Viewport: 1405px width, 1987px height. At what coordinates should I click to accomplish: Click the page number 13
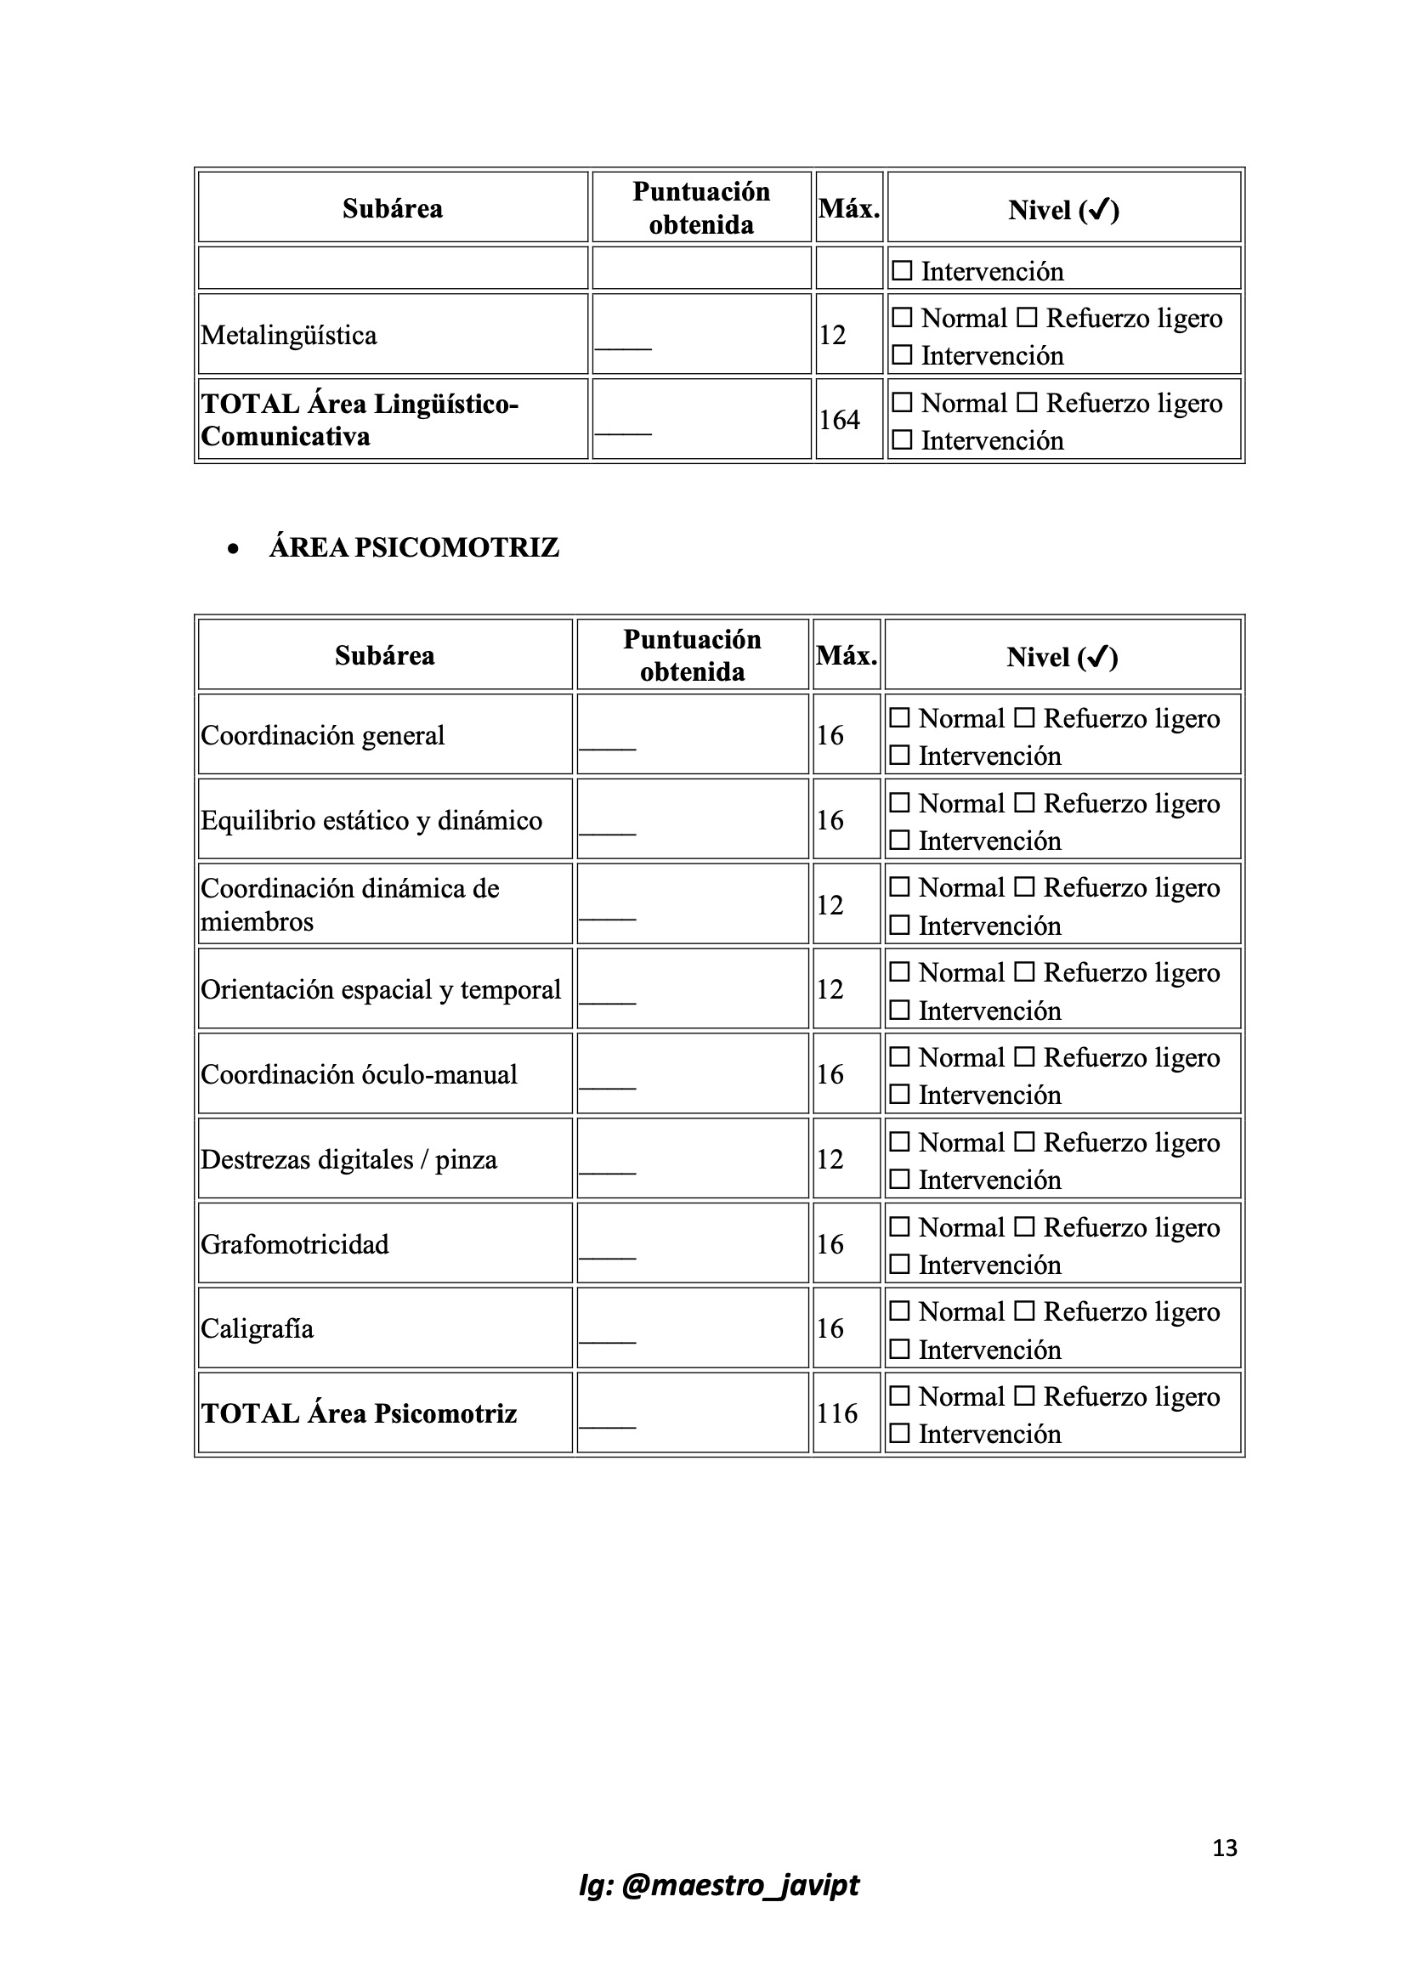[x=1224, y=1848]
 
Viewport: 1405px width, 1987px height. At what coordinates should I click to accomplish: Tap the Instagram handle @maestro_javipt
[x=718, y=1885]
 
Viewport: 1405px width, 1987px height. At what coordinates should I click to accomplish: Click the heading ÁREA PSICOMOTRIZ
[x=414, y=548]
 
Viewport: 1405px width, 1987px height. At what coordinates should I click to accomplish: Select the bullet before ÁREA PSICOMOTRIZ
[x=232, y=549]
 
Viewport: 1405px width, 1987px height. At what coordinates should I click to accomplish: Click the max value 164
[x=839, y=420]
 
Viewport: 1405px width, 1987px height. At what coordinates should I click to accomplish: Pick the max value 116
[x=836, y=1413]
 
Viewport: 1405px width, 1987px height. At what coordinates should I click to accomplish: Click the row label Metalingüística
[x=289, y=335]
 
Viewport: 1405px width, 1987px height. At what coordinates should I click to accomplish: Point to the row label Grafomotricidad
[x=295, y=1243]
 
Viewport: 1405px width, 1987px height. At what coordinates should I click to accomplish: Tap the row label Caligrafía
[x=257, y=1328]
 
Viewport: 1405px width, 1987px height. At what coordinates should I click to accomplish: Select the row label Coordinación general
[x=323, y=735]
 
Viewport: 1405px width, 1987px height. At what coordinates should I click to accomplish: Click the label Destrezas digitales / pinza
[x=348, y=1158]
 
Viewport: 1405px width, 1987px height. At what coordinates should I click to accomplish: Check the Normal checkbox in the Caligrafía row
[x=900, y=1311]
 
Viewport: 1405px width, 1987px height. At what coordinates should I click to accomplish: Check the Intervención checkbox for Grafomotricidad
[x=900, y=1265]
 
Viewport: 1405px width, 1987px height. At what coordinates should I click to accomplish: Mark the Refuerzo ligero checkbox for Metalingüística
[x=1027, y=318]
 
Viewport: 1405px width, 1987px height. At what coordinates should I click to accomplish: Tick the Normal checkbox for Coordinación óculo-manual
[x=900, y=1056]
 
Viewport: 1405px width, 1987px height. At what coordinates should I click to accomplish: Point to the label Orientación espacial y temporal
[x=381, y=989]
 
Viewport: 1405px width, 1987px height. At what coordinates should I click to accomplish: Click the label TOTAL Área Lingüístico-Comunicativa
[x=360, y=420]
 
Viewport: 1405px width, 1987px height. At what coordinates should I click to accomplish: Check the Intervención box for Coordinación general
[x=900, y=756]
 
